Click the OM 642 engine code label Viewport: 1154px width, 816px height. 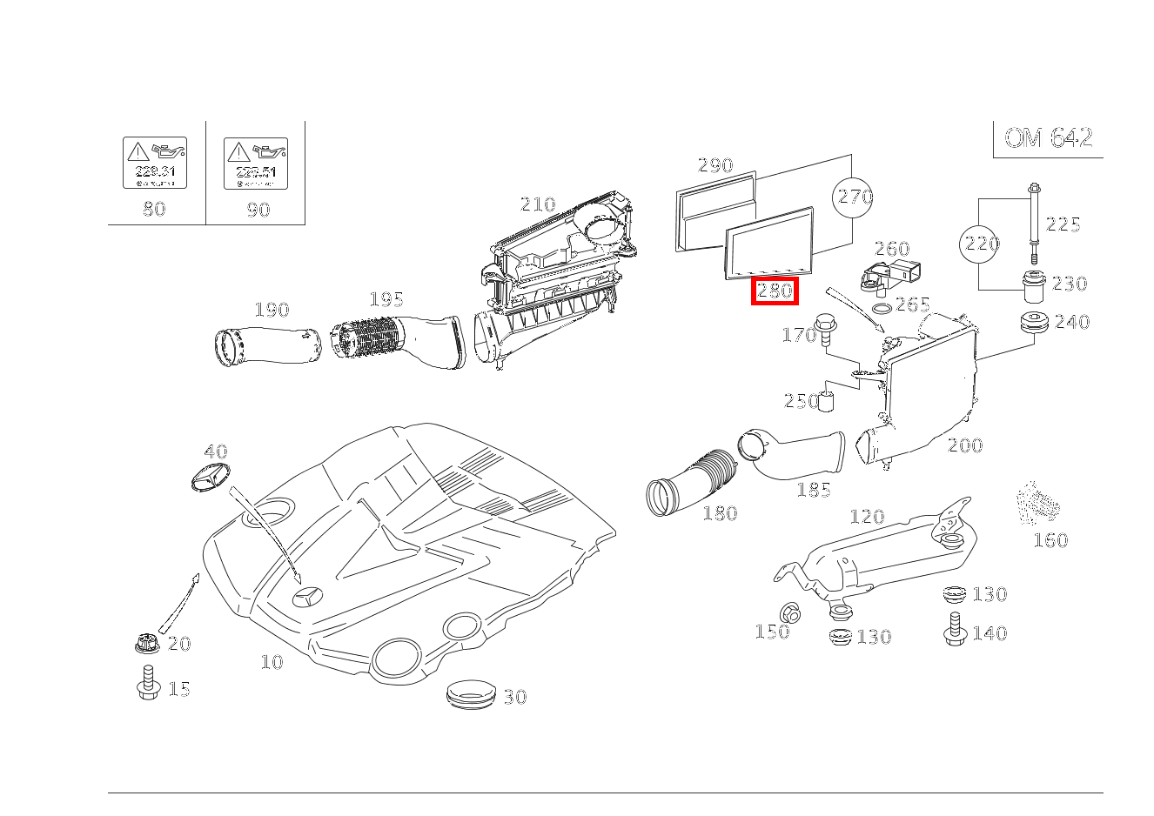coord(1048,138)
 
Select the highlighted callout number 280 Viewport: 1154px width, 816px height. coord(775,291)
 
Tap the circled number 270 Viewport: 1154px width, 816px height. coord(854,197)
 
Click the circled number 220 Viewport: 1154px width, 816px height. coord(981,244)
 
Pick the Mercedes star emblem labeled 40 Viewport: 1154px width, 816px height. coord(208,478)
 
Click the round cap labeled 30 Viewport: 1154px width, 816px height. coord(471,695)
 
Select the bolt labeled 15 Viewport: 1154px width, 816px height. coord(148,684)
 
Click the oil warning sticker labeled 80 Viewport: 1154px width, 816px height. coord(155,163)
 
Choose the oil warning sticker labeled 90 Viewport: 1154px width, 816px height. coord(256,163)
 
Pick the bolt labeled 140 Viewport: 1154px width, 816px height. coord(954,629)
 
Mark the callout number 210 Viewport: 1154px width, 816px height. coord(537,204)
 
